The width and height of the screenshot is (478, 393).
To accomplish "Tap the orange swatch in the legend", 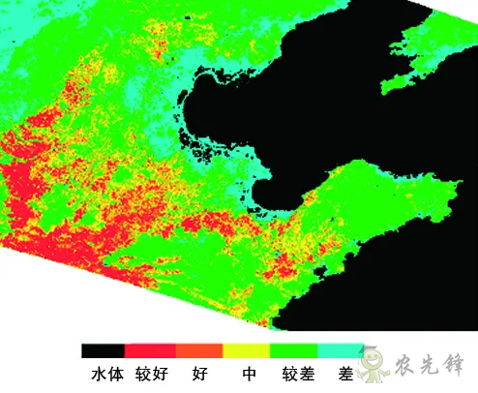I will point(199,349).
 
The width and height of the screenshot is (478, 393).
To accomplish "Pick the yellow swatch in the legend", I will point(246,349).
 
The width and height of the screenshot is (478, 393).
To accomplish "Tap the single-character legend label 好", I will point(200,373).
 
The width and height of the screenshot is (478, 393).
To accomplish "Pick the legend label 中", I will point(249,373).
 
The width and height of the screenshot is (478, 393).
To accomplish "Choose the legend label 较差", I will point(295,373).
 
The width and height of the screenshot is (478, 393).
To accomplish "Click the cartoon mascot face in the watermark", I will point(372,364).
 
